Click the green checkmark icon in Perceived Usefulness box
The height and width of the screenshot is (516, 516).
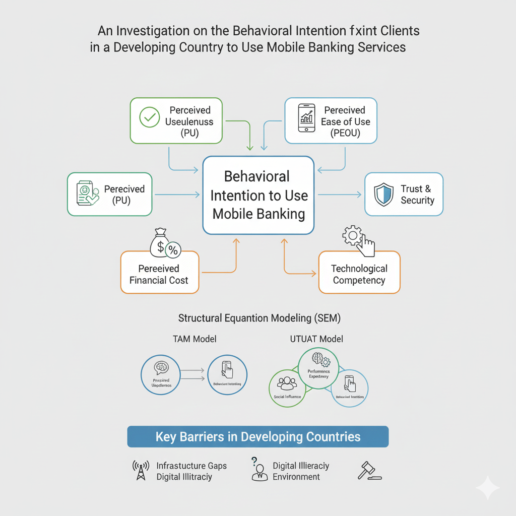149,118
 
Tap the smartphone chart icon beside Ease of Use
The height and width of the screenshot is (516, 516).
306,118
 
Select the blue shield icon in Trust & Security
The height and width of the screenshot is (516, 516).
384,195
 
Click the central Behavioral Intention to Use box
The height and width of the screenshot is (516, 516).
259,196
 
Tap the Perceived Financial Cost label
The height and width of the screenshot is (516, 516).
159,274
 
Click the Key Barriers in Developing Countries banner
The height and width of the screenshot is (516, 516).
258,436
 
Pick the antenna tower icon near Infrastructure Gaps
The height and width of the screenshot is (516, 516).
141,471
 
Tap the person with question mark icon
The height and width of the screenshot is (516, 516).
259,470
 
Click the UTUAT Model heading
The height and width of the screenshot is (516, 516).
316,339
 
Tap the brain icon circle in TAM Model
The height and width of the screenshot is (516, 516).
161,375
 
